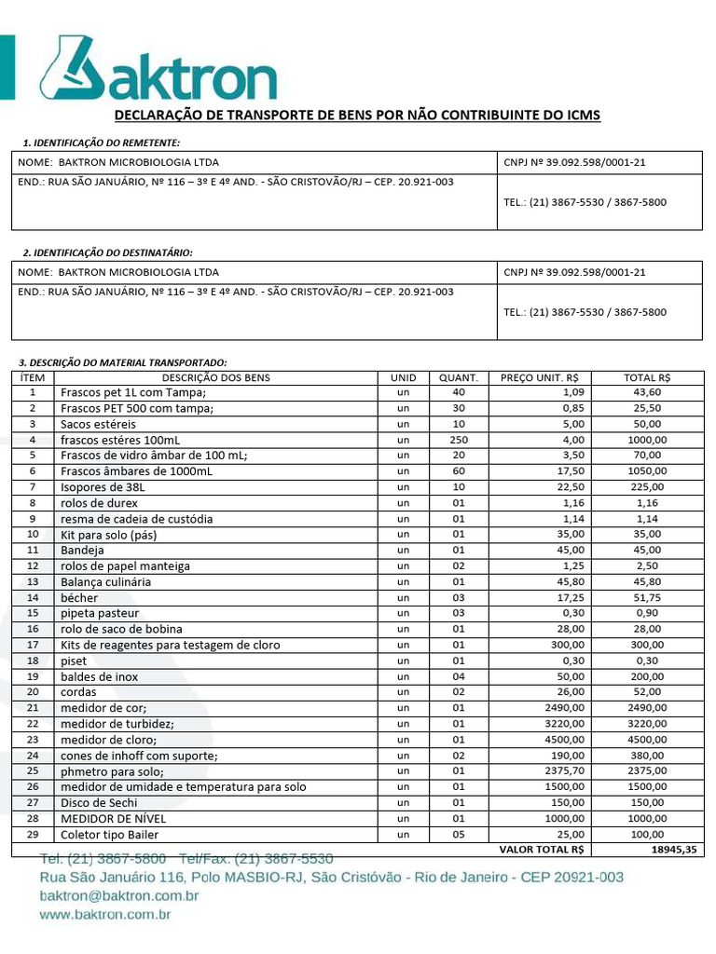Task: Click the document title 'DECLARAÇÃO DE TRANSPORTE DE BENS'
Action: (357, 116)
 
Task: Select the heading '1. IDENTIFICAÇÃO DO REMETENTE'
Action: (101, 143)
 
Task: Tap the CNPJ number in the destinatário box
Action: (574, 272)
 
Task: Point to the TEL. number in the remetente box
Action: (585, 202)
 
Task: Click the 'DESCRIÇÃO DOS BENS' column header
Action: (215, 377)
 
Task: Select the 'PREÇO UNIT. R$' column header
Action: (539, 377)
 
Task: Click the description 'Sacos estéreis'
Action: (98, 424)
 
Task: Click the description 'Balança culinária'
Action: (105, 581)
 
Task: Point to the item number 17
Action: (33, 645)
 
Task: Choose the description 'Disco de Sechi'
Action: (99, 802)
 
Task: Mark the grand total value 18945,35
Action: (669, 850)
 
